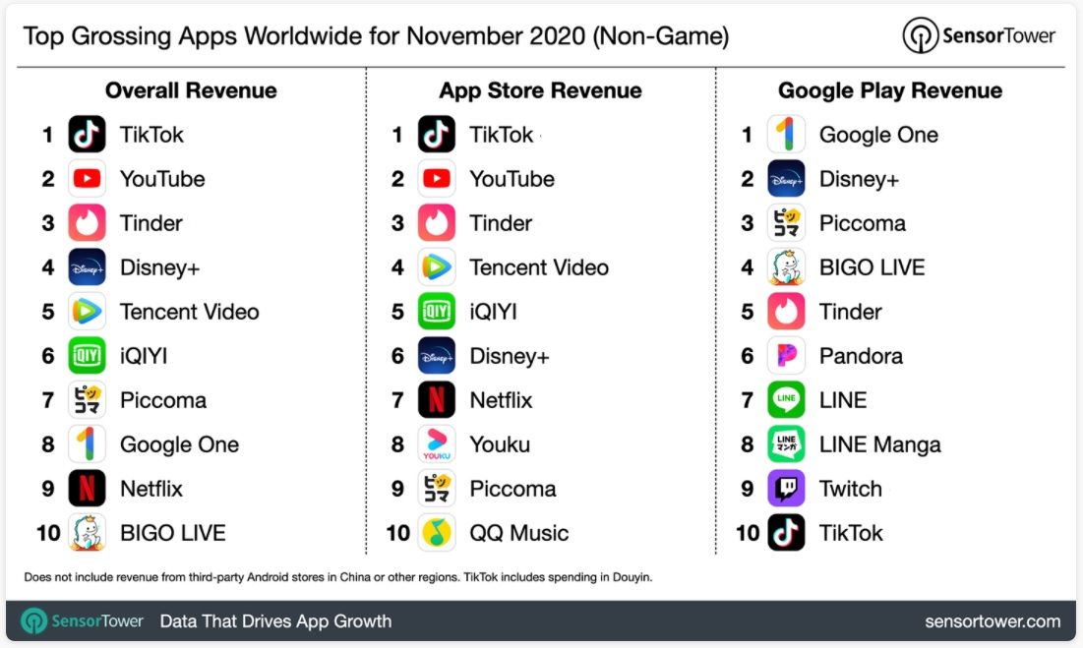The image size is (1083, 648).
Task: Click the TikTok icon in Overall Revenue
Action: click(x=87, y=135)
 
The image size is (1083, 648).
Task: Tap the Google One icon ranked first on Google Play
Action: click(x=786, y=135)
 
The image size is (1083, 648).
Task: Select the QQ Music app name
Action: click(x=518, y=533)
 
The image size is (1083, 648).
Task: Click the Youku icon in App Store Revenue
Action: click(x=437, y=444)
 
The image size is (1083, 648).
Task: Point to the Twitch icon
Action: click(x=786, y=489)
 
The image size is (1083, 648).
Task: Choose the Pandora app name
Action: click(x=861, y=356)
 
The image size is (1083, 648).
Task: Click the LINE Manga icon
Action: click(x=786, y=444)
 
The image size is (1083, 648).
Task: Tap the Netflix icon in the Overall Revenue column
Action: click(x=87, y=489)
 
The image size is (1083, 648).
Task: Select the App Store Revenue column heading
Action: click(x=540, y=90)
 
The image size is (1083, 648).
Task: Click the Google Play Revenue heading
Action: click(x=890, y=90)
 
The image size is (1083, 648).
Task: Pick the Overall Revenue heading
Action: click(x=191, y=90)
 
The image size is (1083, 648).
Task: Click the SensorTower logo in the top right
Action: click(x=979, y=36)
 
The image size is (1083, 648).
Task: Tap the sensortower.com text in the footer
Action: click(x=993, y=621)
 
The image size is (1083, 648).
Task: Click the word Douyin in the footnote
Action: click(x=630, y=577)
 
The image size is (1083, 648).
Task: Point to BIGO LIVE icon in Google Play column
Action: click(x=786, y=267)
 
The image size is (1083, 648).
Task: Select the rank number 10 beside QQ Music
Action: click(x=397, y=533)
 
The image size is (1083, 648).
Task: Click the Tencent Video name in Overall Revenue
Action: click(x=189, y=312)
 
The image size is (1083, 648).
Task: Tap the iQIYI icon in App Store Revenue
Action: click(x=437, y=312)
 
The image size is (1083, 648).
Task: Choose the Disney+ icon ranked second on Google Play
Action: click(x=786, y=179)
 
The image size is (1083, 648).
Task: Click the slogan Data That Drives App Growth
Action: click(x=275, y=621)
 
